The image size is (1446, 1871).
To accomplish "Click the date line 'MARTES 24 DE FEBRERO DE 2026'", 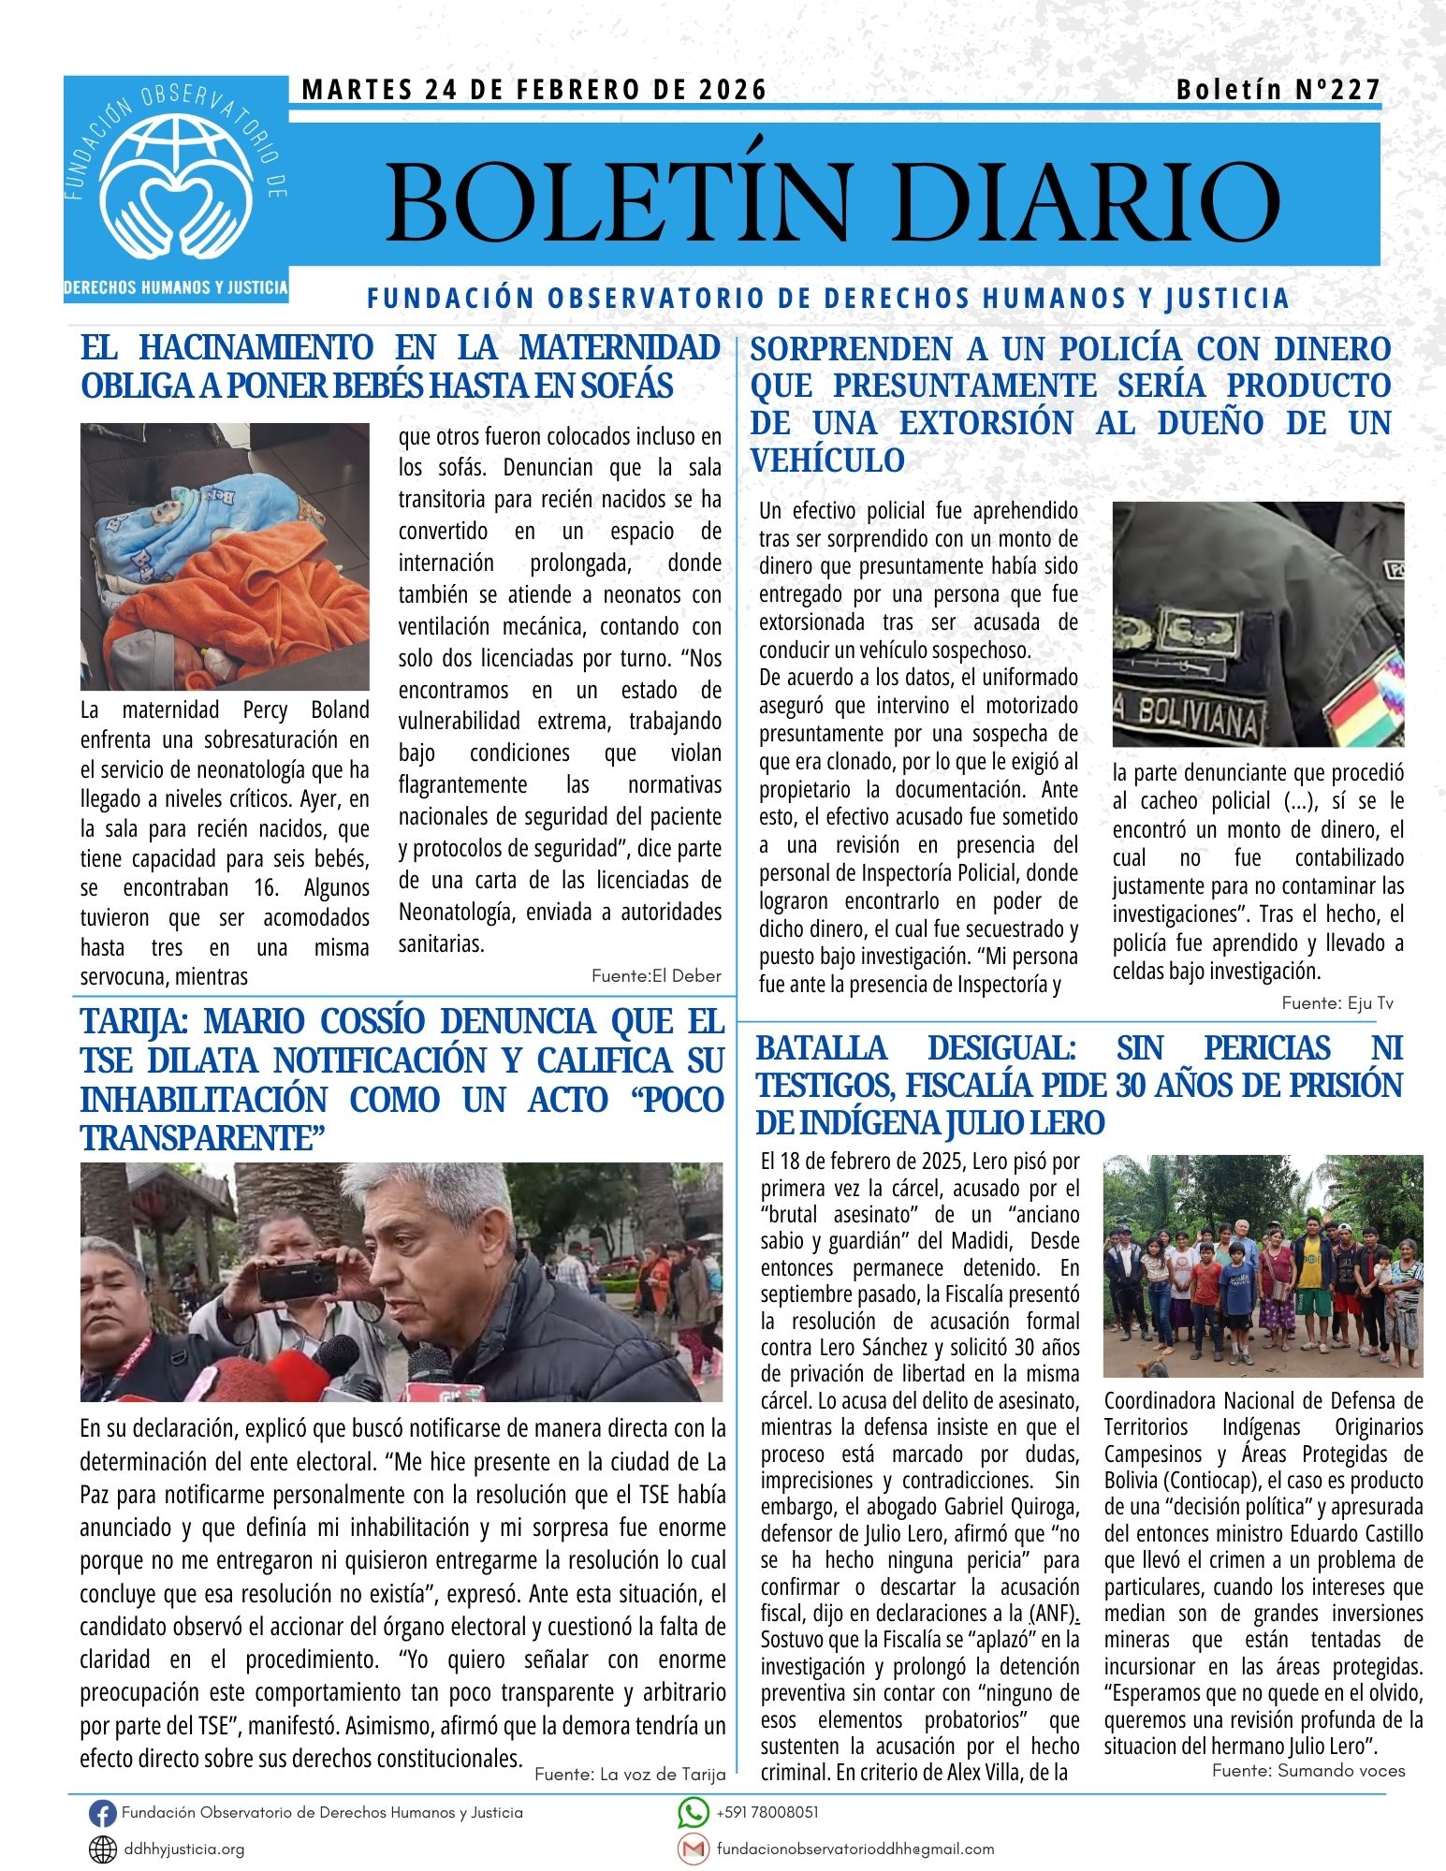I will pos(534,90).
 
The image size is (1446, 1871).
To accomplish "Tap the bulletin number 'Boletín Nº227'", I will pos(1278,90).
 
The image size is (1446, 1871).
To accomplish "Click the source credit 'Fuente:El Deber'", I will pos(656,976).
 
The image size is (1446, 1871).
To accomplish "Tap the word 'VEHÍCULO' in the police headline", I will pos(827,460).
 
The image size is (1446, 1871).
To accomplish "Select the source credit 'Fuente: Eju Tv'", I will pos(1337,1002).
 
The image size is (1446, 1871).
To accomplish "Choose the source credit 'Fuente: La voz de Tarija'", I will pos(630,1774).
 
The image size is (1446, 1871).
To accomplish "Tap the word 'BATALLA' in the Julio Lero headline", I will pos(821,1048).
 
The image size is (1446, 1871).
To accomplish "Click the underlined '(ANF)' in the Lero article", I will pos(1052,1614).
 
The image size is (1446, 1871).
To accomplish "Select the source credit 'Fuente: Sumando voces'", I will pos(1308,1770).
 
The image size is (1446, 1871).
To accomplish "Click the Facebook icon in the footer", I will pos(102,1814).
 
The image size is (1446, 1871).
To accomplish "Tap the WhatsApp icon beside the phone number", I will pos(693,1813).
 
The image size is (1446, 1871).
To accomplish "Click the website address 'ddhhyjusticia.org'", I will pos(184,1849).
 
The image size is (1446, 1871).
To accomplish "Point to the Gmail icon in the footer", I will pos(693,1849).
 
